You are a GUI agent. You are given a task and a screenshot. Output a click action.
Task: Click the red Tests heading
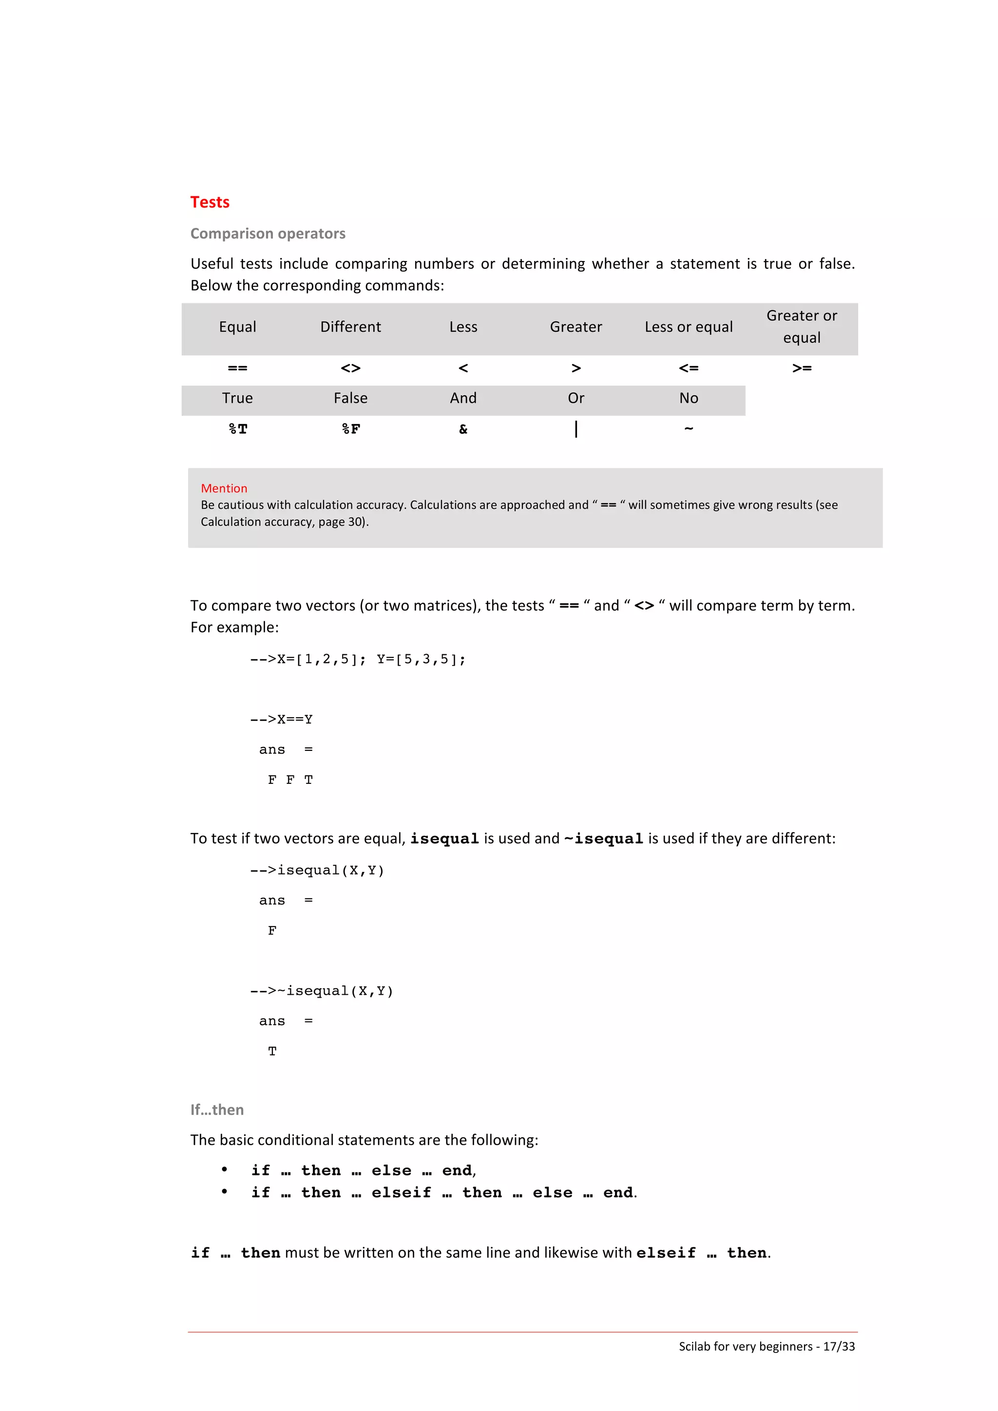click(x=210, y=202)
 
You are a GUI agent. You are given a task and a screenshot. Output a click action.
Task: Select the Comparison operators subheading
click(x=268, y=234)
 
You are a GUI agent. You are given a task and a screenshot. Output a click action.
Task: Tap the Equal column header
click(x=237, y=327)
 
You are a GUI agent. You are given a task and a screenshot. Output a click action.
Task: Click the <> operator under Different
click(x=350, y=368)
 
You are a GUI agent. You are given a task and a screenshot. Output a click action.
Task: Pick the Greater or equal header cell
click(x=801, y=326)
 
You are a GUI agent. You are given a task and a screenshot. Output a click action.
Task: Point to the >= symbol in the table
click(x=801, y=368)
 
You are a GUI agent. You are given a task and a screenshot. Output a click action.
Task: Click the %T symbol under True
click(x=238, y=429)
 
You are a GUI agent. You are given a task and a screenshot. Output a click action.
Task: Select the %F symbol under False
click(x=350, y=429)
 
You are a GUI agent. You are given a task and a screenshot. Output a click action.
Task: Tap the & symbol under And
click(x=463, y=429)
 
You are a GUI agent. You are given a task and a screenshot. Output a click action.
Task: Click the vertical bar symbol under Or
click(x=576, y=429)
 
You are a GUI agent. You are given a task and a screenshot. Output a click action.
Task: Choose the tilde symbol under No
click(x=689, y=428)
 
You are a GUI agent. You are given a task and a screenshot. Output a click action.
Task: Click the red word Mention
click(x=224, y=488)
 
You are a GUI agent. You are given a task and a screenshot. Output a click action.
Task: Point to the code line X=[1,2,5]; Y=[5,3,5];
click(x=358, y=659)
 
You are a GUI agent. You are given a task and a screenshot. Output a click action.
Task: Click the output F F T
click(x=290, y=780)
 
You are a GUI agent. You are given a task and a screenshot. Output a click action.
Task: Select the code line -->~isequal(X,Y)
click(x=322, y=991)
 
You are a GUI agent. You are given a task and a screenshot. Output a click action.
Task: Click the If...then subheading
click(x=216, y=1110)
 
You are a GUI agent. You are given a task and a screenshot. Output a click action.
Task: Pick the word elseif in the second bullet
click(x=401, y=1193)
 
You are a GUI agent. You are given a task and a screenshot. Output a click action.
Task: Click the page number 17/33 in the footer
click(x=839, y=1346)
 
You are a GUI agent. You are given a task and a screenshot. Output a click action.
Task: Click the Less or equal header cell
click(x=688, y=327)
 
